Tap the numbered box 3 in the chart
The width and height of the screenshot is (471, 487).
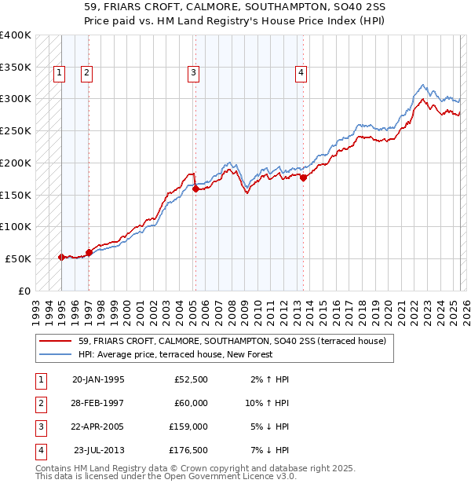[x=193, y=74]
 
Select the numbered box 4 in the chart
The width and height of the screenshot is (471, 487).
[x=301, y=74]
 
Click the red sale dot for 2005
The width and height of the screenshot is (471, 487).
[x=195, y=189]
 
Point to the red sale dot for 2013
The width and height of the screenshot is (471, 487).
[x=303, y=178]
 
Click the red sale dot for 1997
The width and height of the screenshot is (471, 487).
[x=89, y=252]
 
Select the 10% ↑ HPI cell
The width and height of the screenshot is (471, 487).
[x=268, y=403]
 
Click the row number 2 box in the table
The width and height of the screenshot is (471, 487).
[x=40, y=404]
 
